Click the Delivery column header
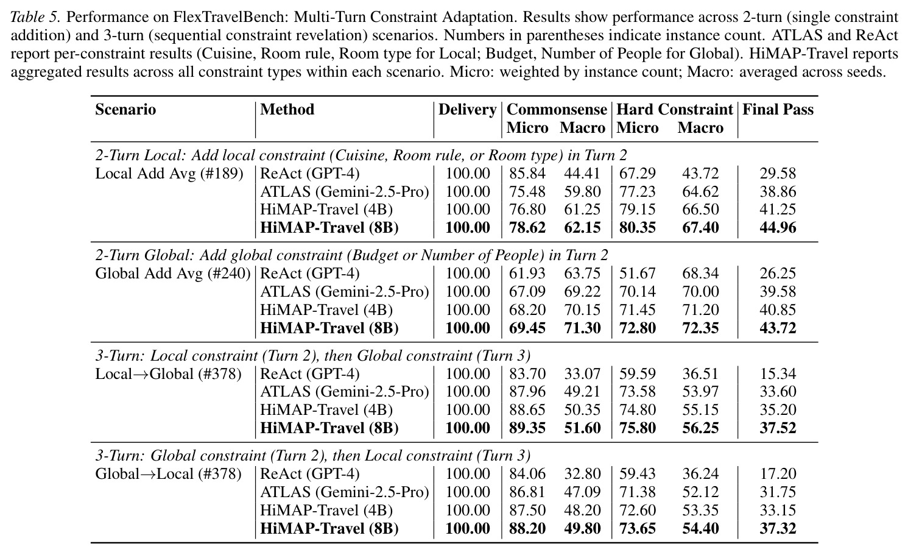pos(467,110)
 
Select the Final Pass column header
pos(778,110)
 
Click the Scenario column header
pos(125,110)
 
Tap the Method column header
pos(287,110)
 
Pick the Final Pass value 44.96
pos(778,227)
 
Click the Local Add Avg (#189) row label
pos(169,174)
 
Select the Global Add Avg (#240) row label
pos(173,274)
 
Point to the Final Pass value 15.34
pos(778,373)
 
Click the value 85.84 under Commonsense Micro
pos(527,174)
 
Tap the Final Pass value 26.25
pos(778,274)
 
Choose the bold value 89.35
pos(527,428)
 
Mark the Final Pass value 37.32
pos(778,528)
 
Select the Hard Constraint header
pos(675,110)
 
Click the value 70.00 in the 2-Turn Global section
pos(700,291)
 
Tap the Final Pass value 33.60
pos(778,391)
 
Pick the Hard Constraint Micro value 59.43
pos(637,473)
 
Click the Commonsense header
pos(557,110)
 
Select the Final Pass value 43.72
pos(778,328)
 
